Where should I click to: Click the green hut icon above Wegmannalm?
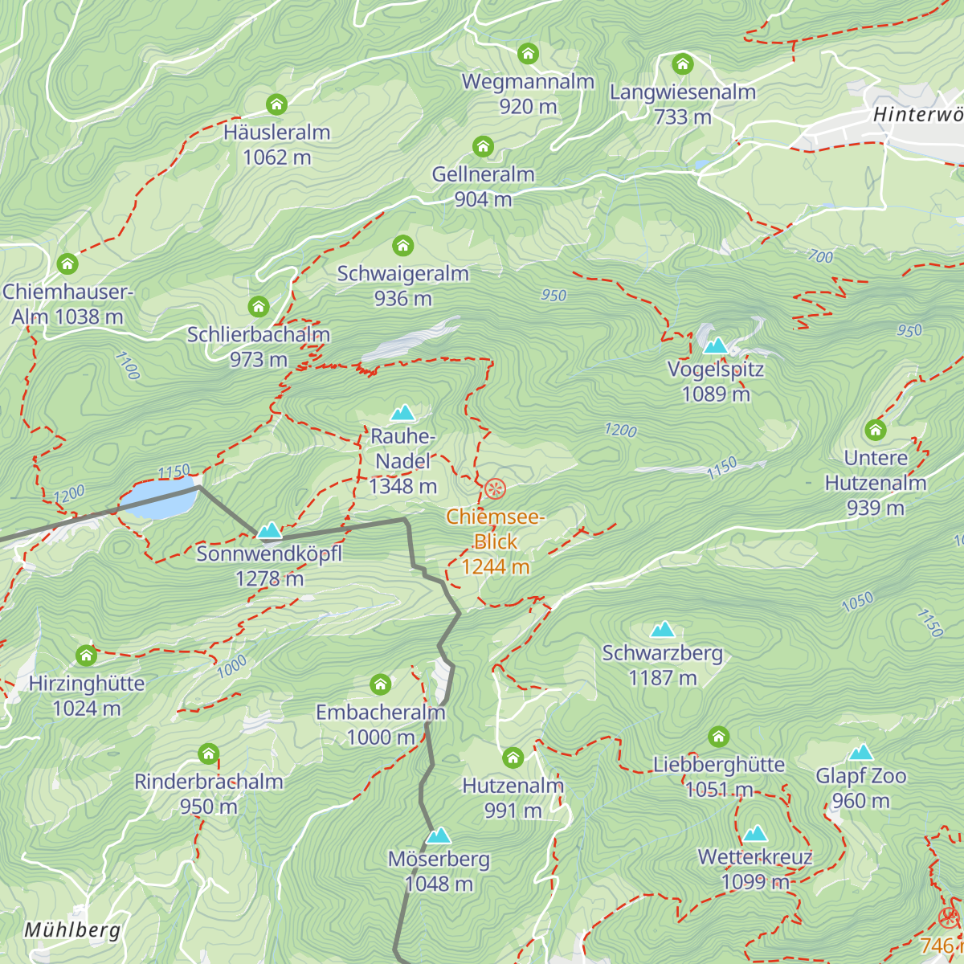click(528, 54)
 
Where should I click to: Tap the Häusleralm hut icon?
click(276, 104)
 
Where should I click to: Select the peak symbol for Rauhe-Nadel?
click(402, 413)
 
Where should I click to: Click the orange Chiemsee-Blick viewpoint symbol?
click(496, 488)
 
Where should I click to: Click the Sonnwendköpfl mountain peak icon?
click(269, 530)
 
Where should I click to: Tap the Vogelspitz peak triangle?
click(715, 345)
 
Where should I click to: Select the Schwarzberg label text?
click(663, 653)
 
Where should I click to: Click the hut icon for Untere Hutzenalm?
click(876, 430)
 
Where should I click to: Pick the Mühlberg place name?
click(72, 930)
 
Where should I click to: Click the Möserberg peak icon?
click(439, 835)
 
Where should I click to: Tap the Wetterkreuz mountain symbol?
click(755, 833)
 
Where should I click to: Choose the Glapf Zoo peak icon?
click(861, 752)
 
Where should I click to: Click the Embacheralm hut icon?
click(380, 684)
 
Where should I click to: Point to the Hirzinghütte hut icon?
click(86, 656)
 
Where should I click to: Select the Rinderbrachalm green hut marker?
click(209, 754)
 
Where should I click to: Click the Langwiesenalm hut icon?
click(683, 64)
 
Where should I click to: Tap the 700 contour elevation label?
click(820, 257)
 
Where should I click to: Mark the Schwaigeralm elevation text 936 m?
click(402, 299)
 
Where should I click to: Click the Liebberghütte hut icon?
click(719, 737)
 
